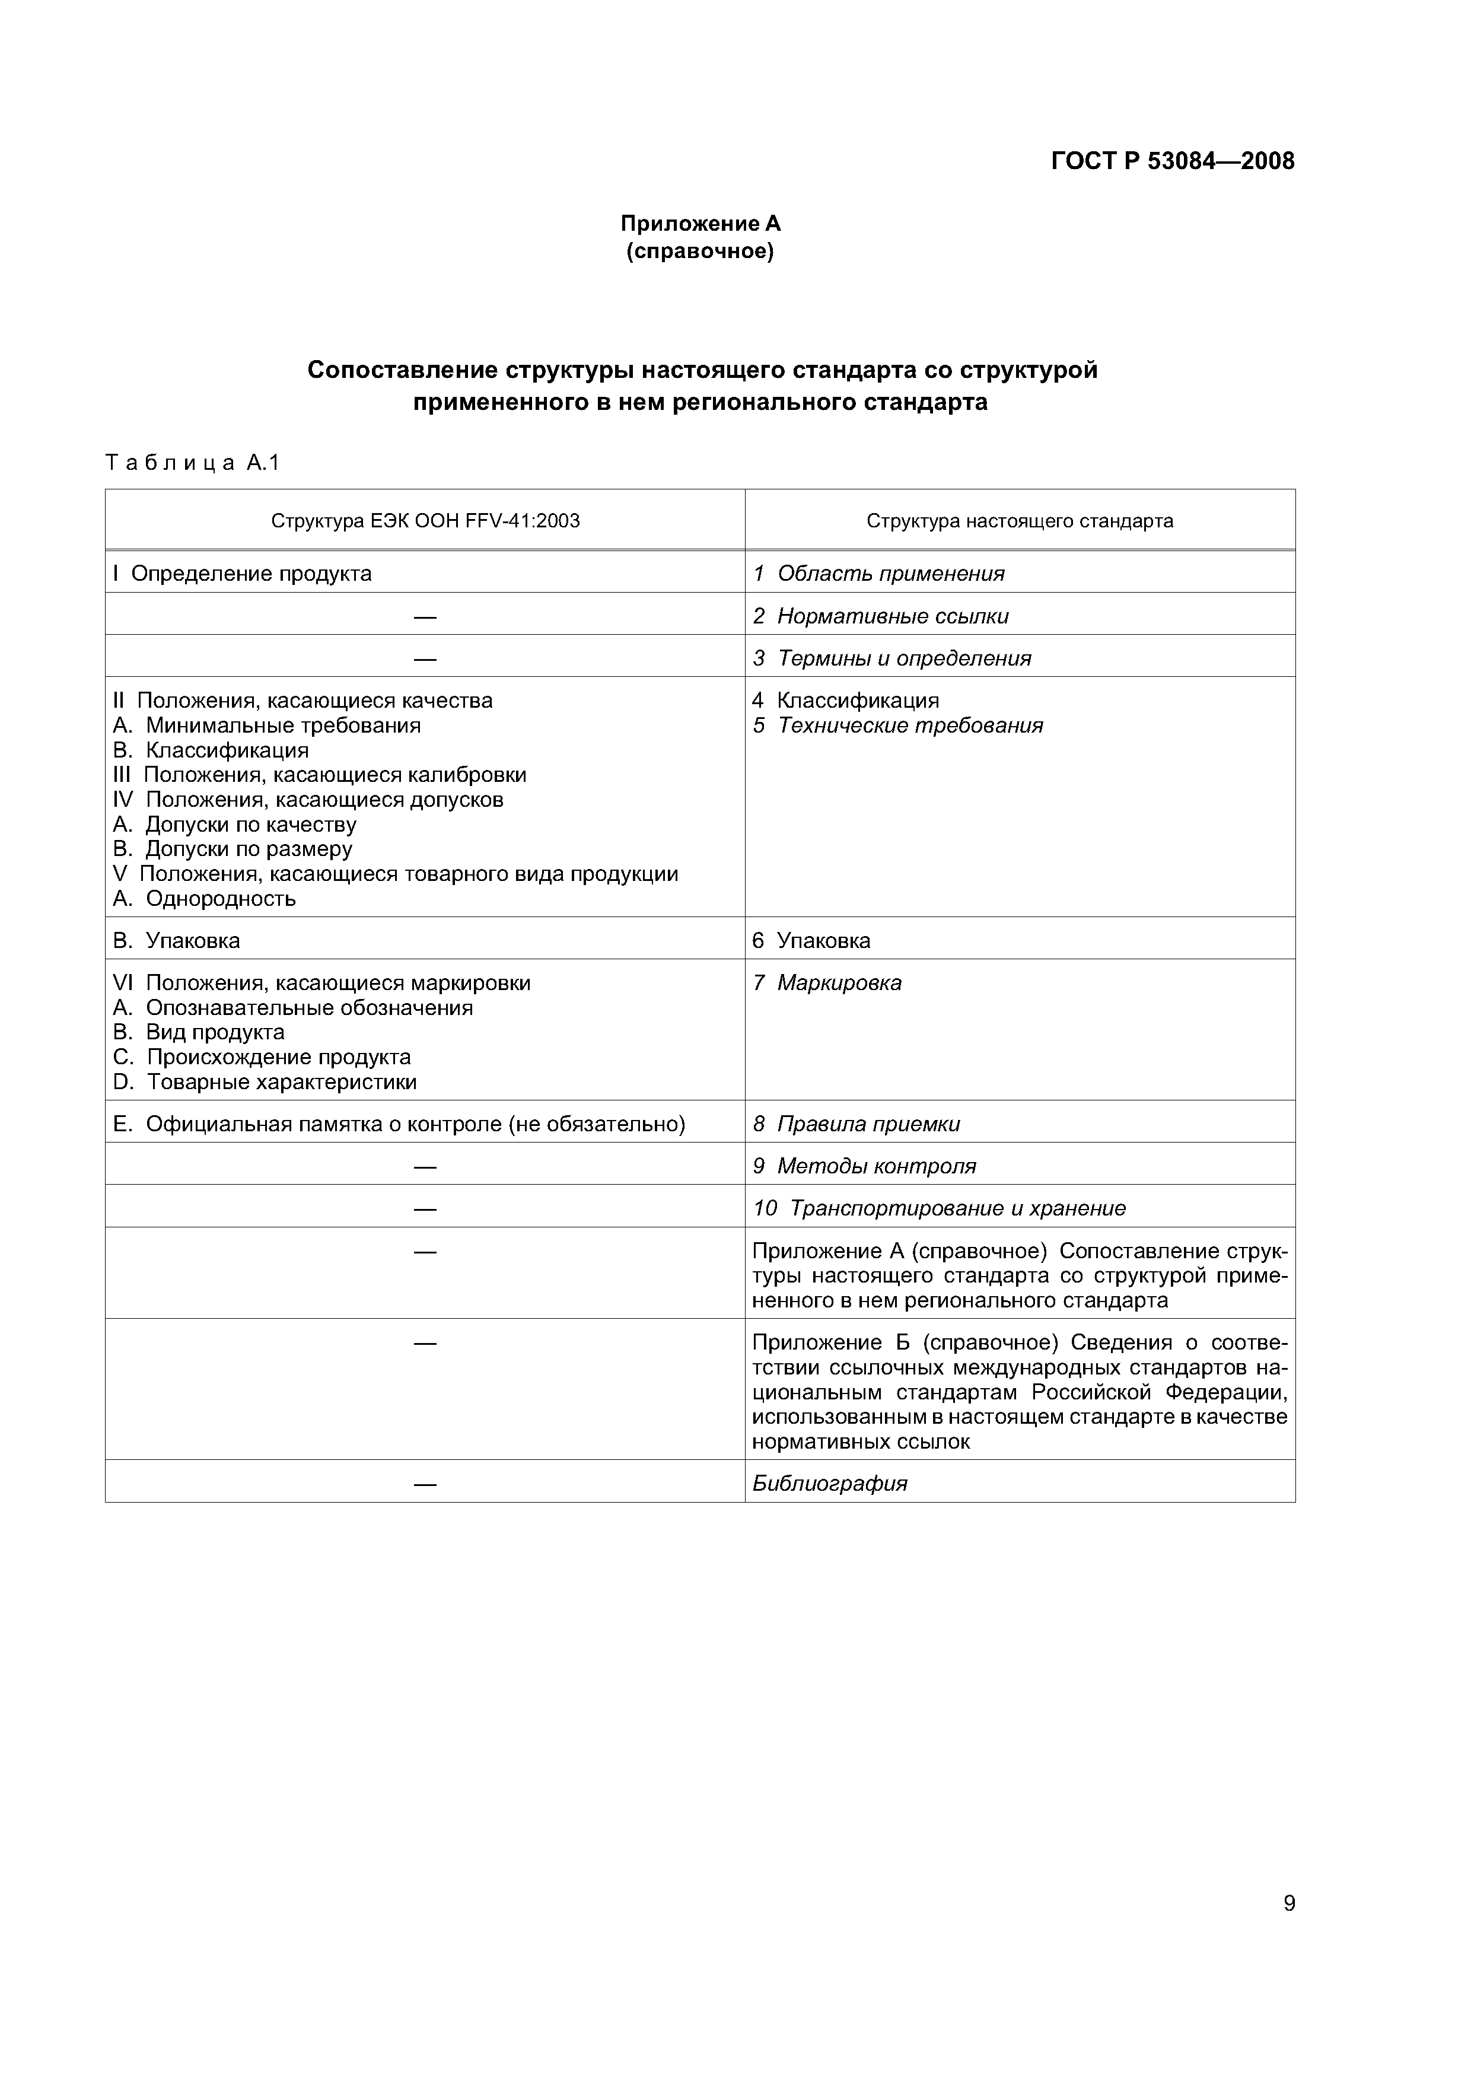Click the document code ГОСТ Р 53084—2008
1172,161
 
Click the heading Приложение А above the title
700,223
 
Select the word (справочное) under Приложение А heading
700,251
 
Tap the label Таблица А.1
192,463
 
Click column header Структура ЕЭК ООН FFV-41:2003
425,520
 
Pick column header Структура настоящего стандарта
1020,520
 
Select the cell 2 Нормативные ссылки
880,616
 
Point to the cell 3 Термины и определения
892,658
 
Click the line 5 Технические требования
897,725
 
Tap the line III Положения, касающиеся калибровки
319,775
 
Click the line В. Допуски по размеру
232,849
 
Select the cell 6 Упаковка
811,941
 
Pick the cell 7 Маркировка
827,982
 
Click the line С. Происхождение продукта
261,1057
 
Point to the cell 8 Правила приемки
855,1124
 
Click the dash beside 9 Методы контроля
425,1166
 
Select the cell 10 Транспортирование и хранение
939,1208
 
